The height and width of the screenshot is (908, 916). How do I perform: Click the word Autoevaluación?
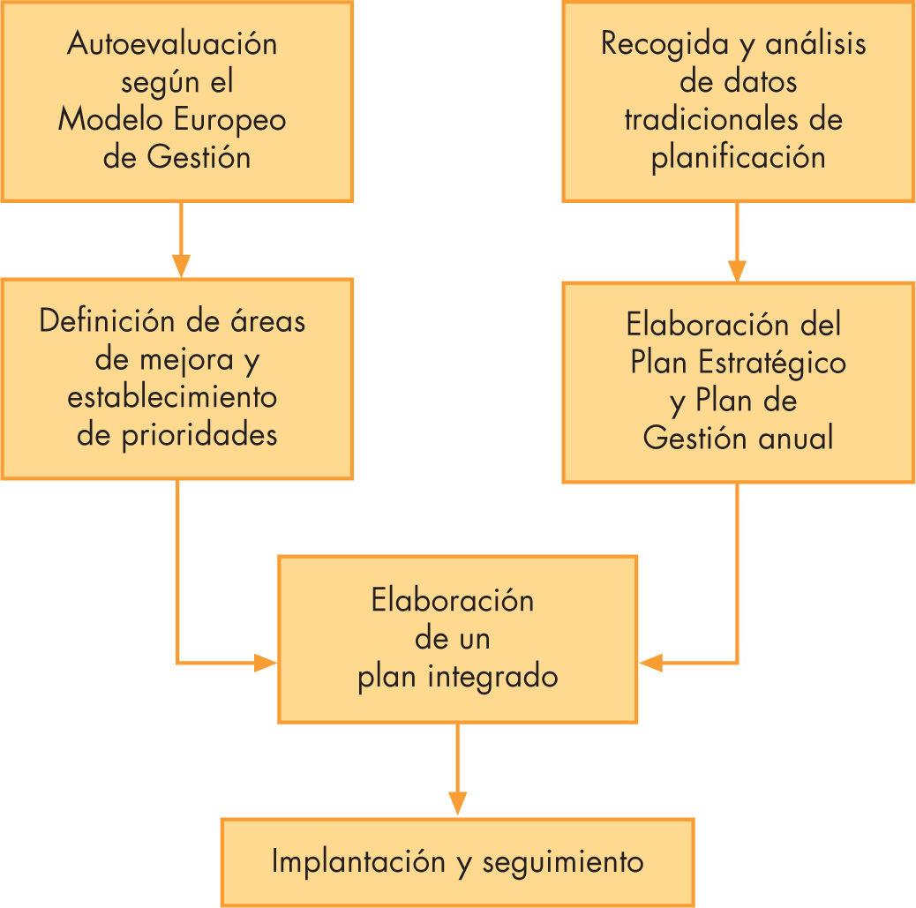172,44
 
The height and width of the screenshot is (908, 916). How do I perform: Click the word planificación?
739,157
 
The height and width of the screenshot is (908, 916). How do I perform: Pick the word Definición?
105,320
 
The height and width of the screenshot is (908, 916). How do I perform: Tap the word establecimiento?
172,396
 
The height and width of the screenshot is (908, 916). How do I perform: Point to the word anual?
797,438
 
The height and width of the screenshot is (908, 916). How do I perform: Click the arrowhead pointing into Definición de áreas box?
180,266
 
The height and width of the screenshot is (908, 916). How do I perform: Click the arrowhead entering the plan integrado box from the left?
266,662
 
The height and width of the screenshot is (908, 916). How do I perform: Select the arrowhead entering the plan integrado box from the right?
650,662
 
